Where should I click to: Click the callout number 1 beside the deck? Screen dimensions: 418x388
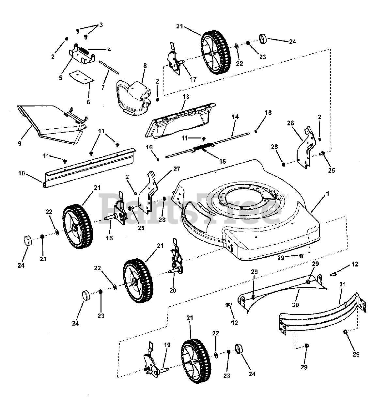(x=328, y=194)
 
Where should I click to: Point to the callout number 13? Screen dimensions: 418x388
(x=186, y=97)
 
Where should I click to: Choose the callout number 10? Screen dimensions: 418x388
(x=22, y=173)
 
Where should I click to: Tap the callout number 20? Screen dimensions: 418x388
(x=173, y=291)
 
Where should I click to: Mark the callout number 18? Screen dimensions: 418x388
(x=109, y=238)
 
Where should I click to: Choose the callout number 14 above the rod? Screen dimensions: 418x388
(x=235, y=116)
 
